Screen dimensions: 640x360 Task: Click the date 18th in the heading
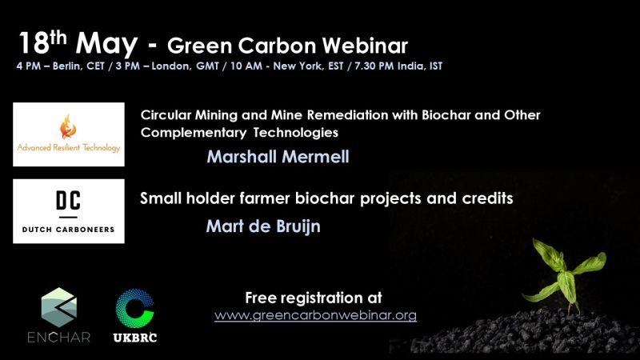pyautogui.click(x=42, y=42)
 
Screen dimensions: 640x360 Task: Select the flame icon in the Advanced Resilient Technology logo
pyautogui.click(x=68, y=126)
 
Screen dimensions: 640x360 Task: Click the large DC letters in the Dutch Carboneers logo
pyautogui.click(x=69, y=200)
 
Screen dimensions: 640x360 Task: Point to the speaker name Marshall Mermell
pyautogui.click(x=278, y=157)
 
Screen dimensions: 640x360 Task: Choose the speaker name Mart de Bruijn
pyautogui.click(x=263, y=226)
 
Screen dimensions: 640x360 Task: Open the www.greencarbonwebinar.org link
pyautogui.click(x=315, y=315)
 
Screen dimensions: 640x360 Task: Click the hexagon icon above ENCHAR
pyautogui.click(x=59, y=307)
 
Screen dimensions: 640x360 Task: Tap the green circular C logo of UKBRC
pyautogui.click(x=134, y=309)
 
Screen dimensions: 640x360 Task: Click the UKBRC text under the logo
pyautogui.click(x=135, y=338)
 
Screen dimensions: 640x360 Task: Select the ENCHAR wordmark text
pyautogui.click(x=59, y=337)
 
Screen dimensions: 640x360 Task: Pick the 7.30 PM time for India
pyautogui.click(x=374, y=66)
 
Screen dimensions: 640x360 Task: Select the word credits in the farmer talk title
pyautogui.click(x=487, y=198)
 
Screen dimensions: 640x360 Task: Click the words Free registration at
pyautogui.click(x=314, y=298)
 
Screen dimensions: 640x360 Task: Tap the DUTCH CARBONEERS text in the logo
pyautogui.click(x=68, y=230)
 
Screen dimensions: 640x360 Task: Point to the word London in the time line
pyautogui.click(x=170, y=66)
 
